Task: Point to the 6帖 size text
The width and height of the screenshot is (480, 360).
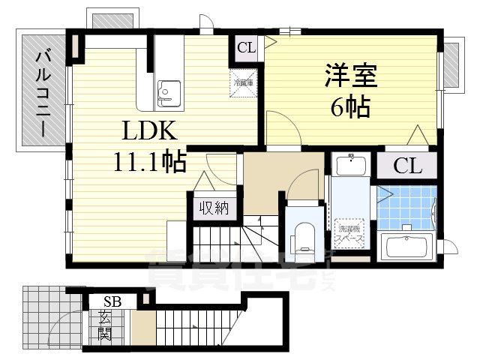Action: tap(349, 109)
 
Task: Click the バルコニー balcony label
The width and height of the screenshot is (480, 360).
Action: tap(43, 92)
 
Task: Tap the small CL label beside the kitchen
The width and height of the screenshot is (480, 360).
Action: tap(247, 49)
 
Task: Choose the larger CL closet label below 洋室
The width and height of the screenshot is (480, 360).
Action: tap(407, 166)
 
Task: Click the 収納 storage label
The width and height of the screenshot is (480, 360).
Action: tap(214, 208)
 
